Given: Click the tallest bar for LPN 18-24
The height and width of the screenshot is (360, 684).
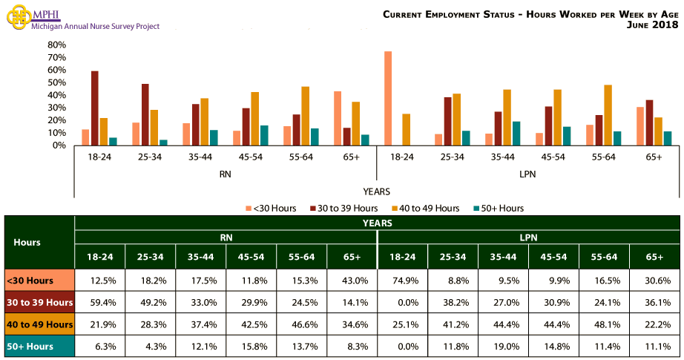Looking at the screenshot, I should [x=388, y=98].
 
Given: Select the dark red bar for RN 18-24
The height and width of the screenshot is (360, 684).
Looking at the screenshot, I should [x=95, y=108].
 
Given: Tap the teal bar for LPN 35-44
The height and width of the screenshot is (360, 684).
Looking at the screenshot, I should [x=516, y=133].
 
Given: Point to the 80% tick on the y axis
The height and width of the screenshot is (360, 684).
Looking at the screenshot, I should [x=57, y=45].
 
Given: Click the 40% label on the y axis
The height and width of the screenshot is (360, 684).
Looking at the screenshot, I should [x=57, y=95].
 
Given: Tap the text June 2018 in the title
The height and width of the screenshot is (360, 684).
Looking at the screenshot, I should [x=653, y=25].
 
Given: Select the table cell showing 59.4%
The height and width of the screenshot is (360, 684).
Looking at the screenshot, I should [x=100, y=303].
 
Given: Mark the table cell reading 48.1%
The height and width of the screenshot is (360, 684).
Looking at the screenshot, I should [x=604, y=326].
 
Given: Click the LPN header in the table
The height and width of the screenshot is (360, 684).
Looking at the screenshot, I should [x=529, y=238].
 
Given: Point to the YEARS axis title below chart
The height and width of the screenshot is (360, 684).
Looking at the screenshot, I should [x=377, y=192].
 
